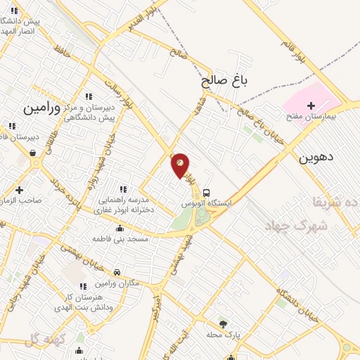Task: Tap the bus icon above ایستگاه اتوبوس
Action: click(x=206, y=193)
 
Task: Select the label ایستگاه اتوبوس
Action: click(x=207, y=203)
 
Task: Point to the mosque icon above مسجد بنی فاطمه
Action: click(x=120, y=229)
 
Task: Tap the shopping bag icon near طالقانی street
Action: click(x=32, y=152)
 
